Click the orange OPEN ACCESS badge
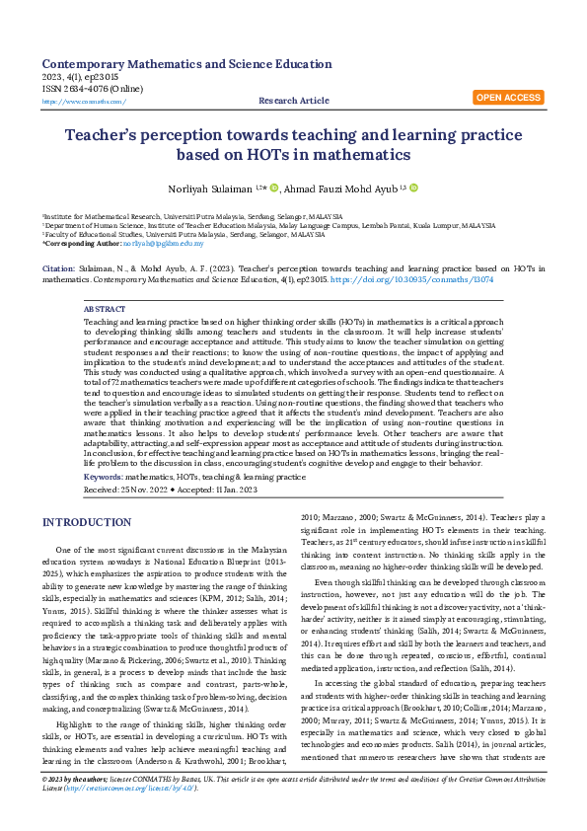coord(508,98)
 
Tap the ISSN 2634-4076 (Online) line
coord(92,89)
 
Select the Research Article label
coord(294,101)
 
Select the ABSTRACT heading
coord(105,309)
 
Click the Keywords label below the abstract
coord(103,477)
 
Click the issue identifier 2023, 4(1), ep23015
coord(82,76)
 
